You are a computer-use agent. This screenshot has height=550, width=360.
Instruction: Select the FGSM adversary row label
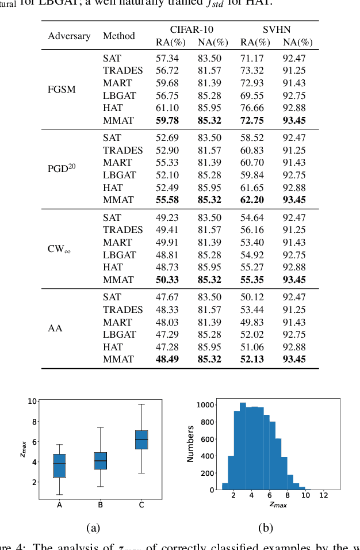point(62,90)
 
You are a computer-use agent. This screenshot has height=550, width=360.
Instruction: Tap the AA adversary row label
point(55,329)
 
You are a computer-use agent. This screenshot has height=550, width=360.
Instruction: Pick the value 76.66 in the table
point(251,108)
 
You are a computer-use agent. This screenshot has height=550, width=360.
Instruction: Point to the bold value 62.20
point(251,200)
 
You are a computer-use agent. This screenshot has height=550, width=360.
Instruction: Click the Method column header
point(118,36)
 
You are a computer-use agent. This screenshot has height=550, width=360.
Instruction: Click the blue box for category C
point(141,440)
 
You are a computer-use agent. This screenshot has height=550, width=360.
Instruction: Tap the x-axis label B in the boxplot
point(101,505)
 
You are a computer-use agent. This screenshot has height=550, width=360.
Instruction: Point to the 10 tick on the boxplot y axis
point(32,401)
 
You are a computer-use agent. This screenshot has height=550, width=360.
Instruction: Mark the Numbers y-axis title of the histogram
point(190,444)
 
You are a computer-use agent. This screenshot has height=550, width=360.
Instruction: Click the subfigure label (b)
point(265,528)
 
